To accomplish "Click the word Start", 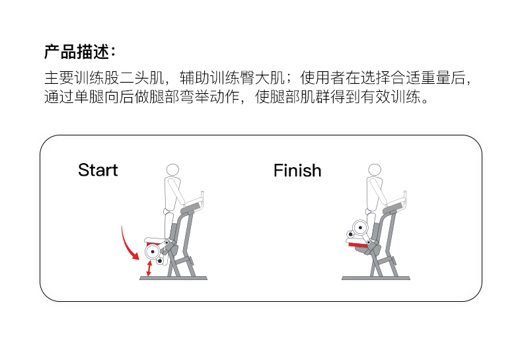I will [98, 170].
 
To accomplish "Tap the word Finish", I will [297, 171].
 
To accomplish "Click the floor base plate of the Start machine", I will [173, 278].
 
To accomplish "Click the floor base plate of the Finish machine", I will [375, 278].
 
